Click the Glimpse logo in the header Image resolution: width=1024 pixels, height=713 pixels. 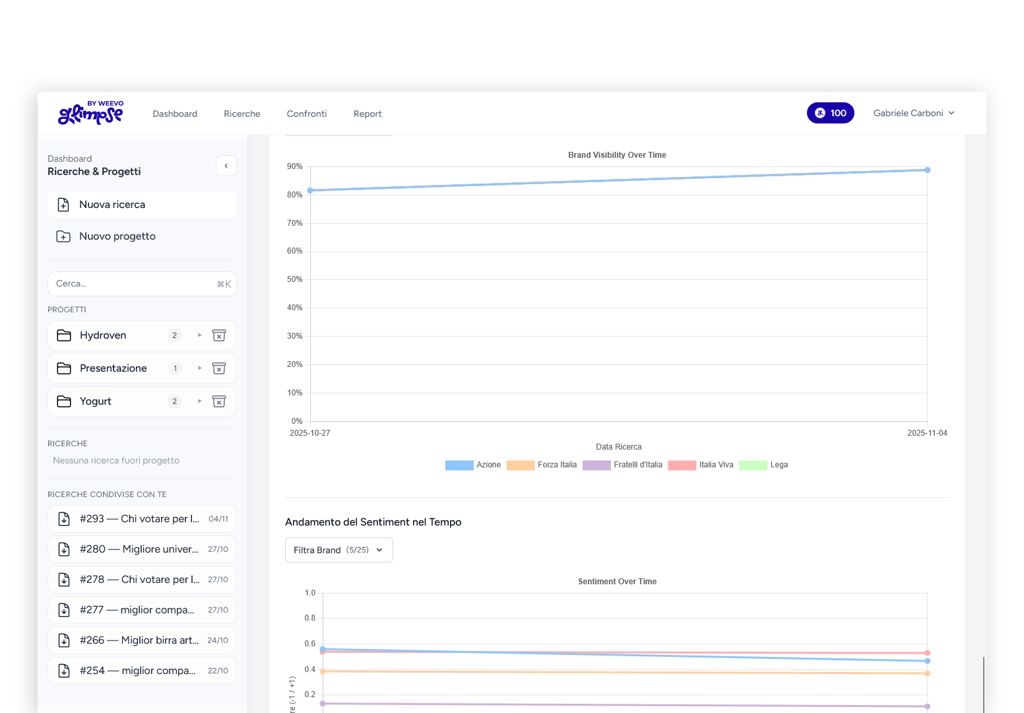(x=91, y=113)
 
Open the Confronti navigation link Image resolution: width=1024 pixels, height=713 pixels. (x=307, y=114)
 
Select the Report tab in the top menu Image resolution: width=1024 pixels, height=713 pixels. (x=368, y=114)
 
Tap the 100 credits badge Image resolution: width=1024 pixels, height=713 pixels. (x=830, y=113)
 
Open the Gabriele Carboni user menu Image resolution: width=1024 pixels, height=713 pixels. (x=914, y=113)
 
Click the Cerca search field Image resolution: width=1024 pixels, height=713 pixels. (x=132, y=284)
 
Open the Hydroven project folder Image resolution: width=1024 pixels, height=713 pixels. (x=103, y=335)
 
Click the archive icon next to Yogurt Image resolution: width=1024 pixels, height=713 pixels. (x=219, y=401)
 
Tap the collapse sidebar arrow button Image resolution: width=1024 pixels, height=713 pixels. (x=226, y=166)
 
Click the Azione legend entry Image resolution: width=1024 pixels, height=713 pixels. (x=473, y=465)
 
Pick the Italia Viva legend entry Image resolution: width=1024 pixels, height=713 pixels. (x=701, y=465)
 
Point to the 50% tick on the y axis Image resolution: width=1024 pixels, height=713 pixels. (x=294, y=279)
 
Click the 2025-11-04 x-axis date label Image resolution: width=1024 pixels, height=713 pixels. (x=927, y=433)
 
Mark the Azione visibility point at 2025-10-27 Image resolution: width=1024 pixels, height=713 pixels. (x=310, y=190)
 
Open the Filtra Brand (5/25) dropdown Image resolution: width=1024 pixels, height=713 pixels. (x=338, y=550)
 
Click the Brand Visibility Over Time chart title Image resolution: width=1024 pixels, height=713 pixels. (x=617, y=155)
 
